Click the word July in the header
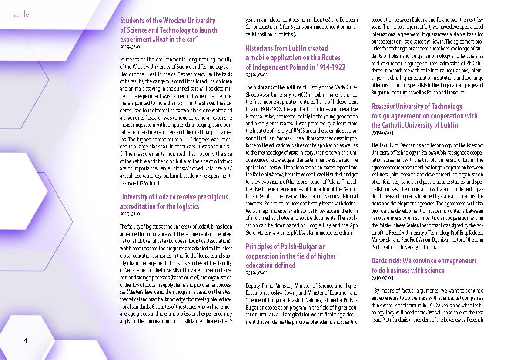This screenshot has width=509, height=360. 21,14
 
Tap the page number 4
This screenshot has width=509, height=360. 26,340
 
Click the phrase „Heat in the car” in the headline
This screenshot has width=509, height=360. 172,40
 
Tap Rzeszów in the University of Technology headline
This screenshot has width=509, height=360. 385,106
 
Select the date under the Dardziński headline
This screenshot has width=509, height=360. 382,278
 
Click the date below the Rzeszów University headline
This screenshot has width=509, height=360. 382,133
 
